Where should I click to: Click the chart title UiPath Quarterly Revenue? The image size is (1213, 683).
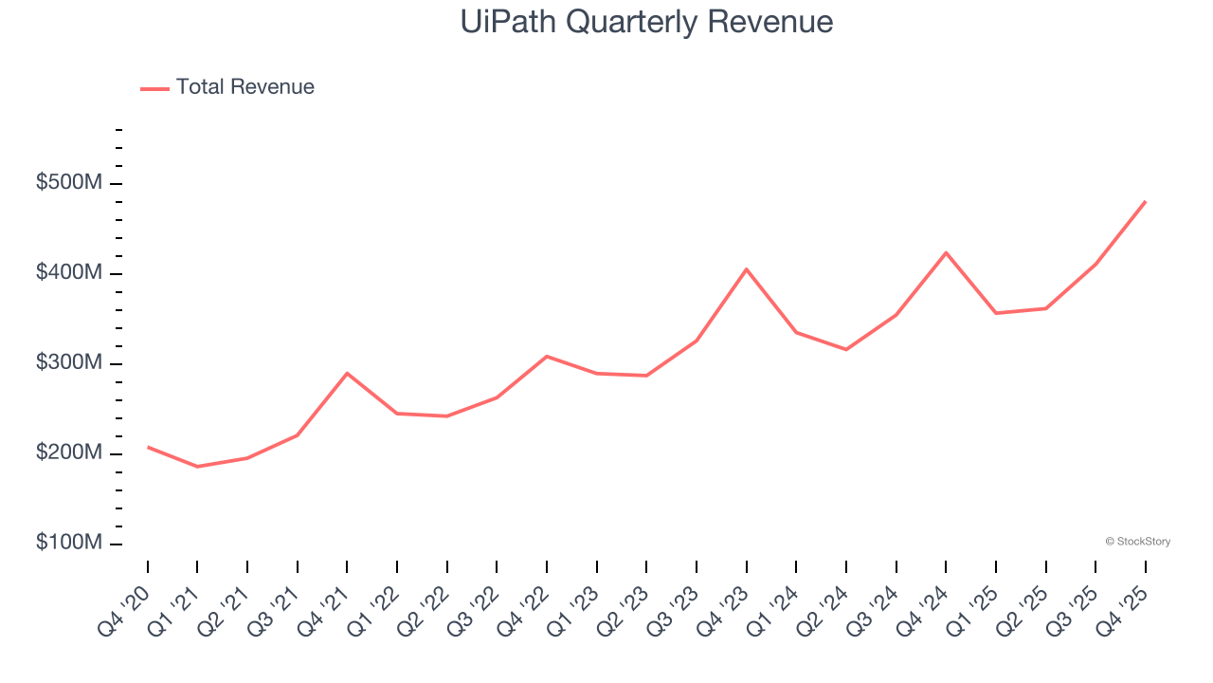coord(646,22)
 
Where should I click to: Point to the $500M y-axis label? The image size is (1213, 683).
coord(68,183)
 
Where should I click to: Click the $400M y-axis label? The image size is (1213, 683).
coord(68,273)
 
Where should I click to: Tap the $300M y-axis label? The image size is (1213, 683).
coord(68,363)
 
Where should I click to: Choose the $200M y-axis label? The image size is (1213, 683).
coord(68,453)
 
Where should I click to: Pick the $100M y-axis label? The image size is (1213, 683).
coord(68,544)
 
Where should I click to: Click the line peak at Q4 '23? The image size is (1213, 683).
coord(747,269)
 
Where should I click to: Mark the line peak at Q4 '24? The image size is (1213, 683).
coord(946,252)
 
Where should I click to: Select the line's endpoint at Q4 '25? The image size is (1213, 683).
coord(1146,201)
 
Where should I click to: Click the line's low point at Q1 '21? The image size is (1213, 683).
coord(197,467)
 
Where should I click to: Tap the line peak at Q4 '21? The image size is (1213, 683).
coord(347,373)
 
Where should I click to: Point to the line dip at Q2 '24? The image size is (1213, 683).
coord(846,350)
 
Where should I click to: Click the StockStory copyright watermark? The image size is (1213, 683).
coord(1137,542)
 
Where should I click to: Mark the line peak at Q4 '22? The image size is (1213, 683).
coord(547,356)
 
